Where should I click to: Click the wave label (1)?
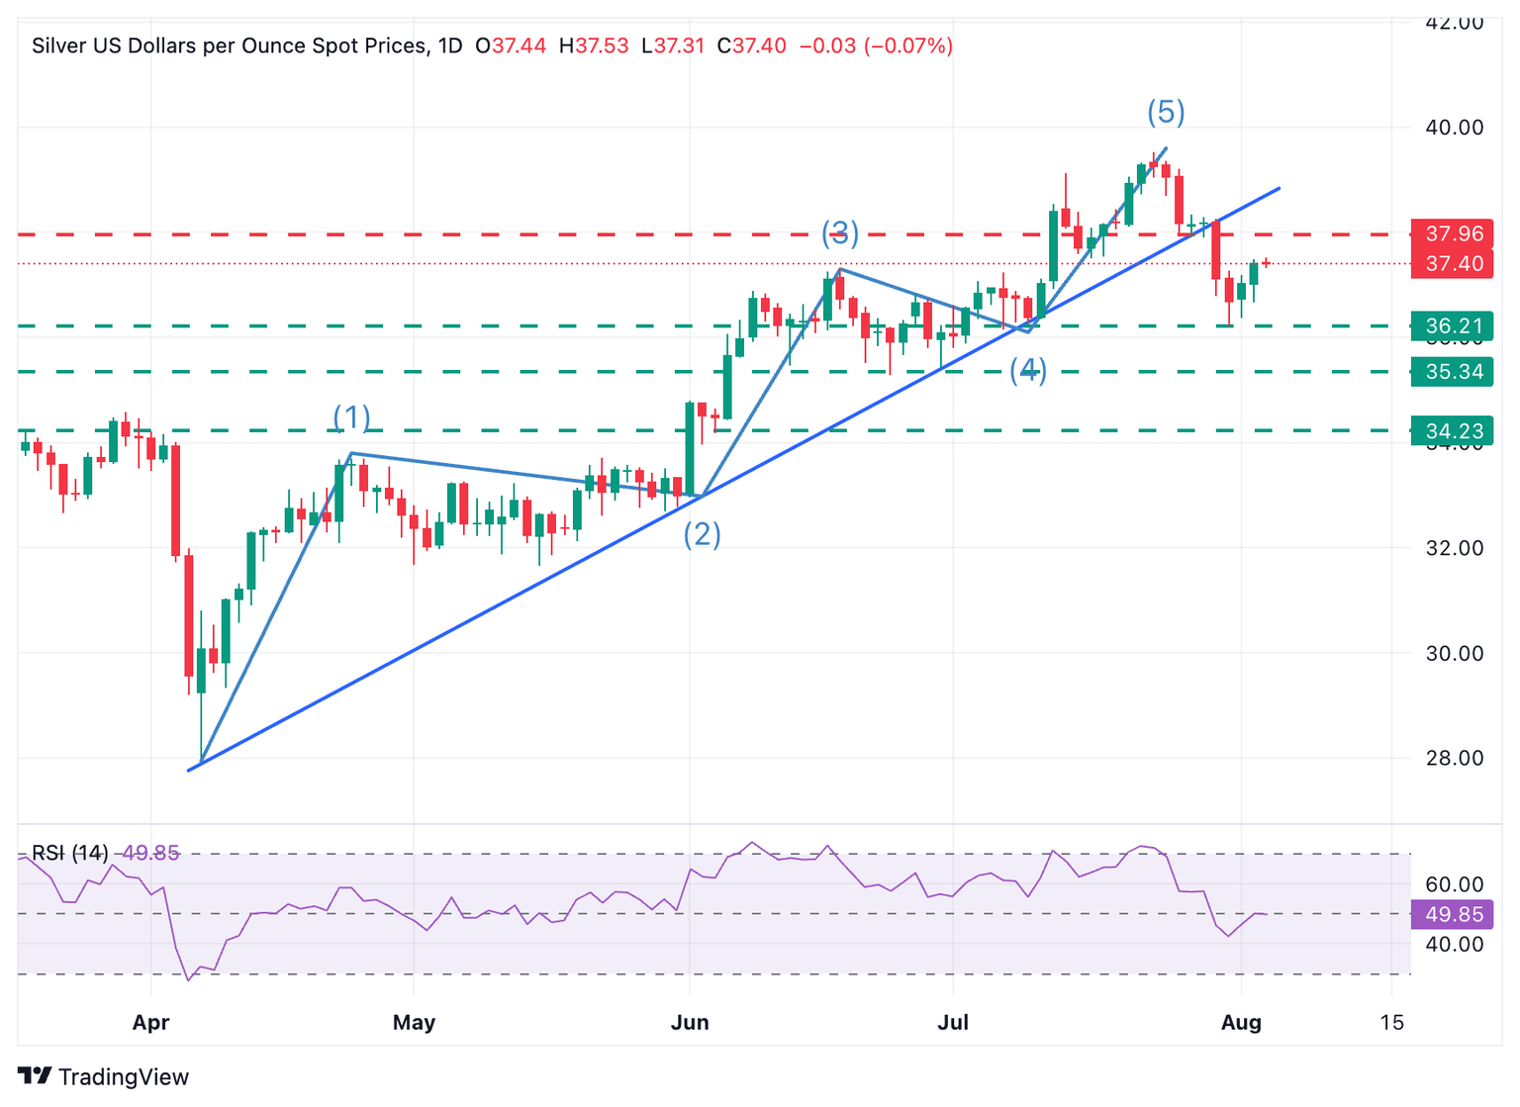click(x=351, y=417)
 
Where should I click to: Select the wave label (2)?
click(x=702, y=534)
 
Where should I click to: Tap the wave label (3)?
click(x=839, y=233)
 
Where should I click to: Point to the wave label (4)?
click(x=1027, y=370)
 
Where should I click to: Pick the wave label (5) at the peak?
click(x=1166, y=112)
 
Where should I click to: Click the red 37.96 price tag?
click(x=1453, y=233)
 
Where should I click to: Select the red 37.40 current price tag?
click(x=1453, y=263)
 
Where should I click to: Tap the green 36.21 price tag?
click(x=1453, y=325)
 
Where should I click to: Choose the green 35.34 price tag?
click(x=1453, y=372)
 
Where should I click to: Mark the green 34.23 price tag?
click(x=1453, y=431)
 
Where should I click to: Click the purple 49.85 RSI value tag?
click(x=1453, y=914)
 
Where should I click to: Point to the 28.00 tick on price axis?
click(x=1454, y=758)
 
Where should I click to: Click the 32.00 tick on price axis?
click(x=1454, y=548)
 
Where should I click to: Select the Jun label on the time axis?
click(x=690, y=1022)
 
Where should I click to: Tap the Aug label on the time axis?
click(x=1241, y=1022)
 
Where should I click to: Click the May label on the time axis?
click(x=414, y=1022)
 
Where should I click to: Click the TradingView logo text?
click(x=123, y=1076)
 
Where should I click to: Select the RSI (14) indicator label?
click(x=70, y=853)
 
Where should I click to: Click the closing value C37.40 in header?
click(x=752, y=46)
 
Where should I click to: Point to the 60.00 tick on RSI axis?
click(x=1454, y=884)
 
